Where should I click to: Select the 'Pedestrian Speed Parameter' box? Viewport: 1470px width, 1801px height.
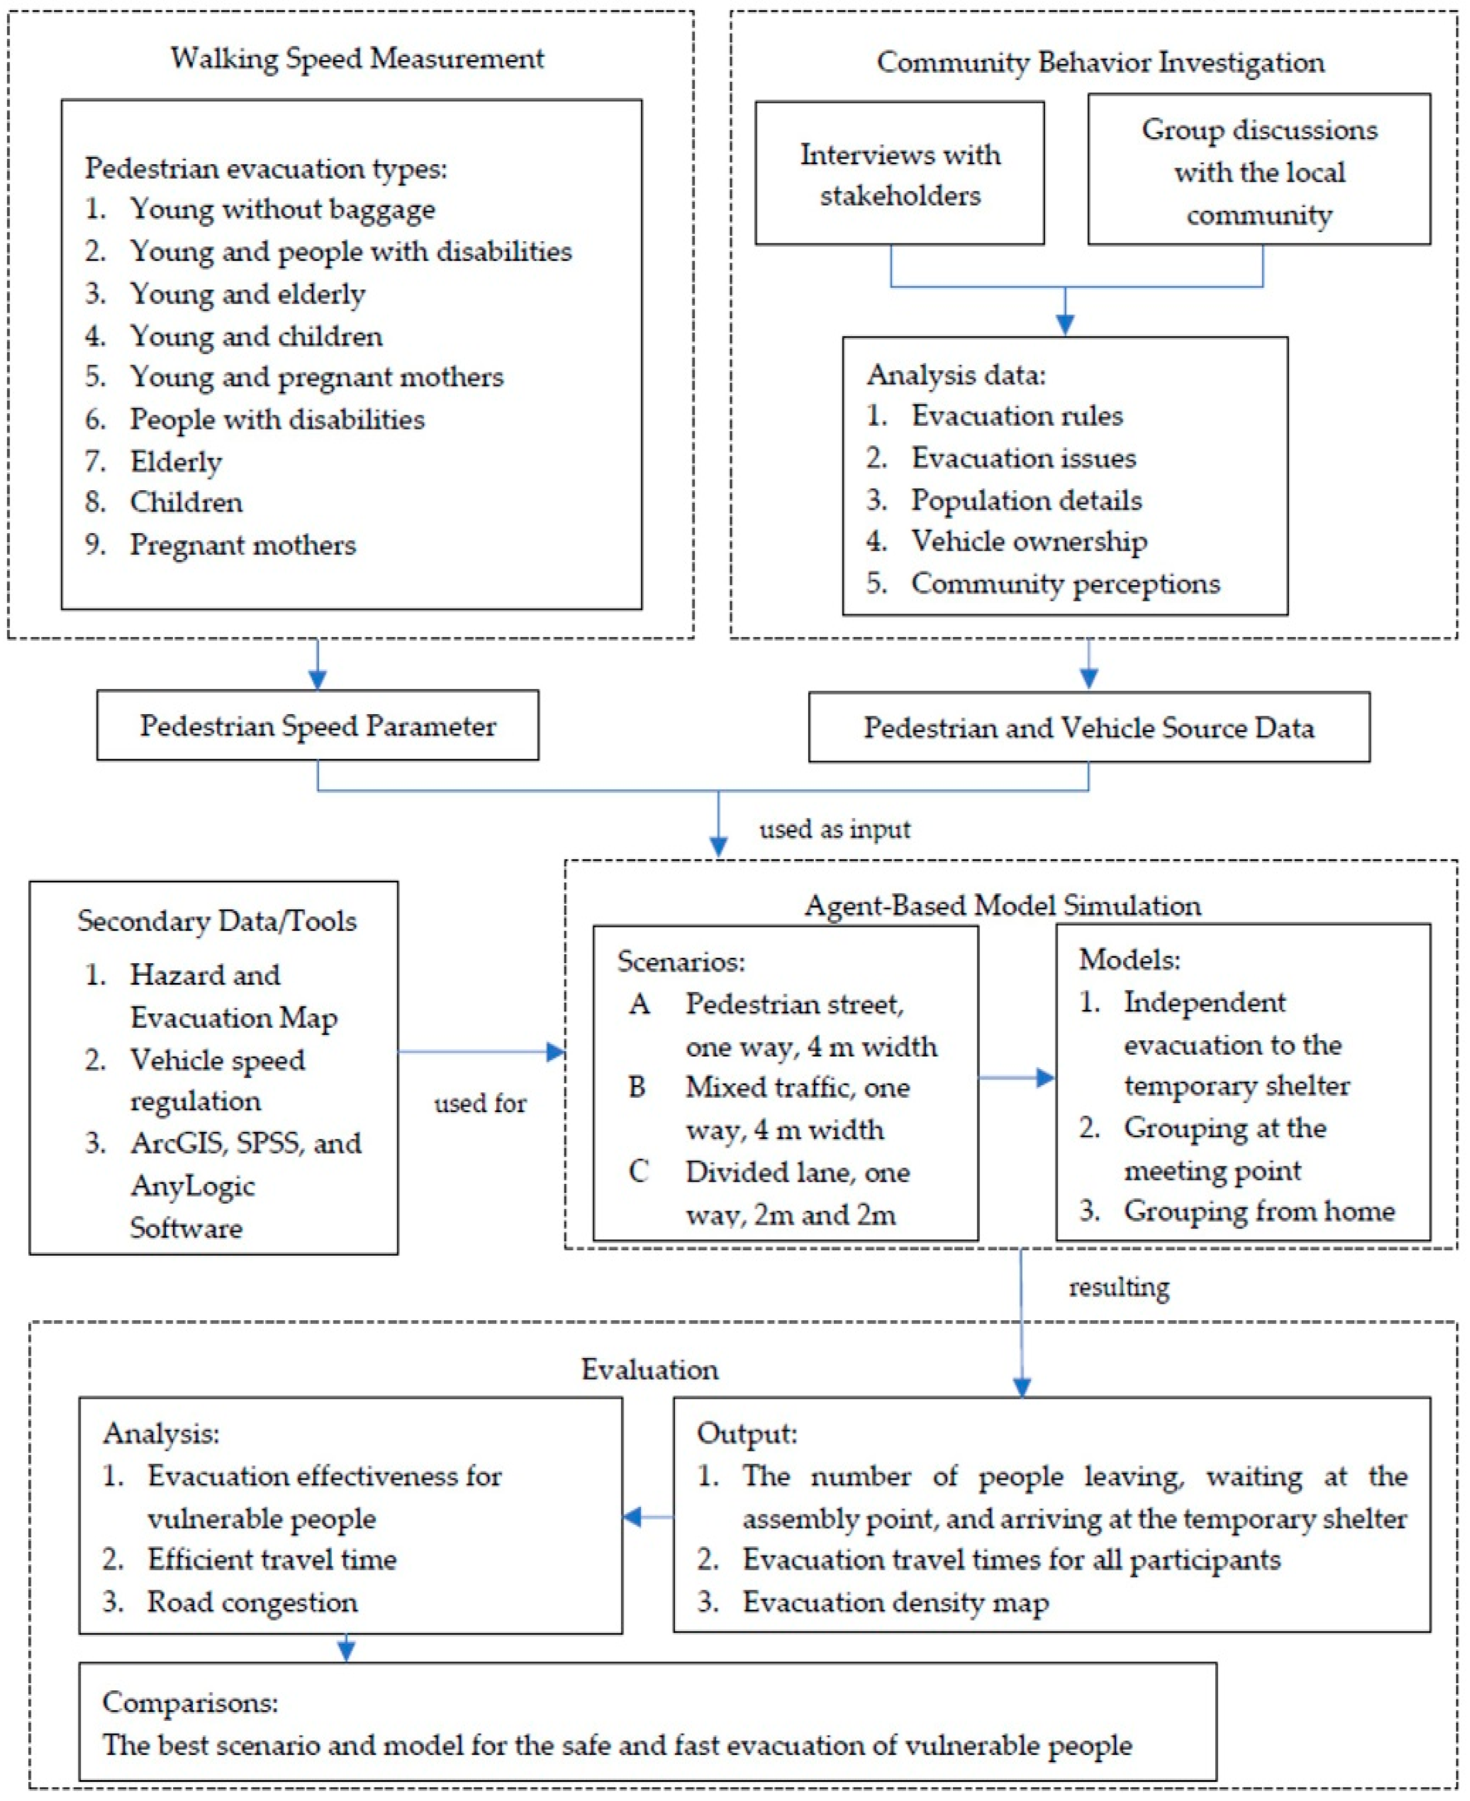(x=318, y=726)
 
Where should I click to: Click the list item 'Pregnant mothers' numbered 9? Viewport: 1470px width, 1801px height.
(x=242, y=545)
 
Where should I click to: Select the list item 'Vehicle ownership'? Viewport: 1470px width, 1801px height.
(x=1029, y=541)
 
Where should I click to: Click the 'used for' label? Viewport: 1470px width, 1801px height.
(x=480, y=1103)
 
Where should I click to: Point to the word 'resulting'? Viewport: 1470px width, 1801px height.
(x=1118, y=1287)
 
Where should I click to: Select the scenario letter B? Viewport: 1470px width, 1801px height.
(x=638, y=1087)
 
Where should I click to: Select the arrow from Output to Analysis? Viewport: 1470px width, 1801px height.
(x=648, y=1516)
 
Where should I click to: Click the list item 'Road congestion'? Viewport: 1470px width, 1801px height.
(x=253, y=1602)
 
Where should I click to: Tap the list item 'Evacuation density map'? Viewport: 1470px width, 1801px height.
(x=895, y=1602)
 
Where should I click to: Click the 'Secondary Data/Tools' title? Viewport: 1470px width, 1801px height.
(x=217, y=921)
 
